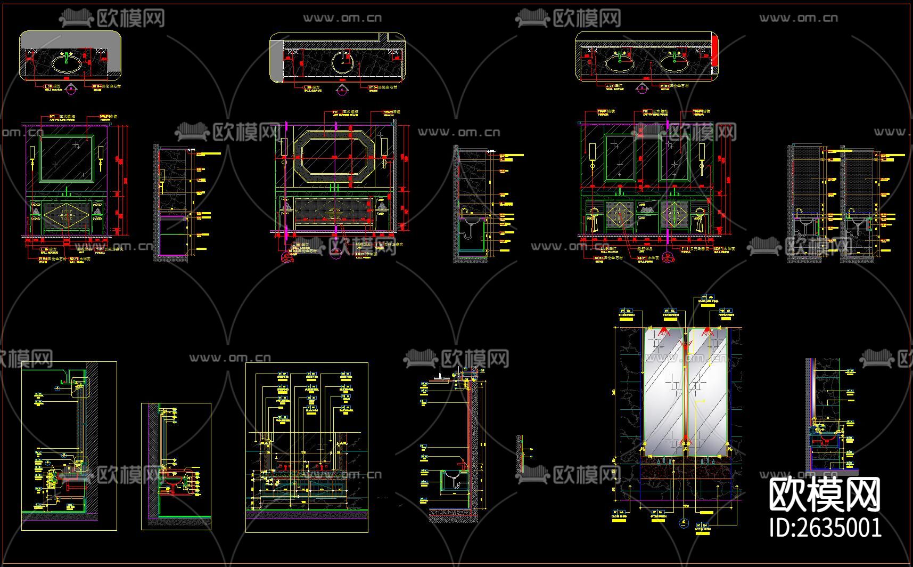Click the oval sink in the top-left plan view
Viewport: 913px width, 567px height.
click(x=67, y=64)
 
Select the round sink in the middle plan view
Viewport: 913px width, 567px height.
click(x=342, y=62)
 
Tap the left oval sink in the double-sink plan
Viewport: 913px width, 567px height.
click(x=620, y=64)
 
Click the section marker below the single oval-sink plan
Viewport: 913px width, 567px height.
click(x=71, y=90)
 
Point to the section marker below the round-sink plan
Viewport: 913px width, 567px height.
click(x=342, y=90)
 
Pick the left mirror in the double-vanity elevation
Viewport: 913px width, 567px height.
click(x=620, y=158)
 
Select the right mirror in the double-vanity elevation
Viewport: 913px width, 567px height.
click(x=675, y=158)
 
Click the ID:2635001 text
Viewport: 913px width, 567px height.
click(x=825, y=528)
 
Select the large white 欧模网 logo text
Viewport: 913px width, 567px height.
click(x=825, y=495)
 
